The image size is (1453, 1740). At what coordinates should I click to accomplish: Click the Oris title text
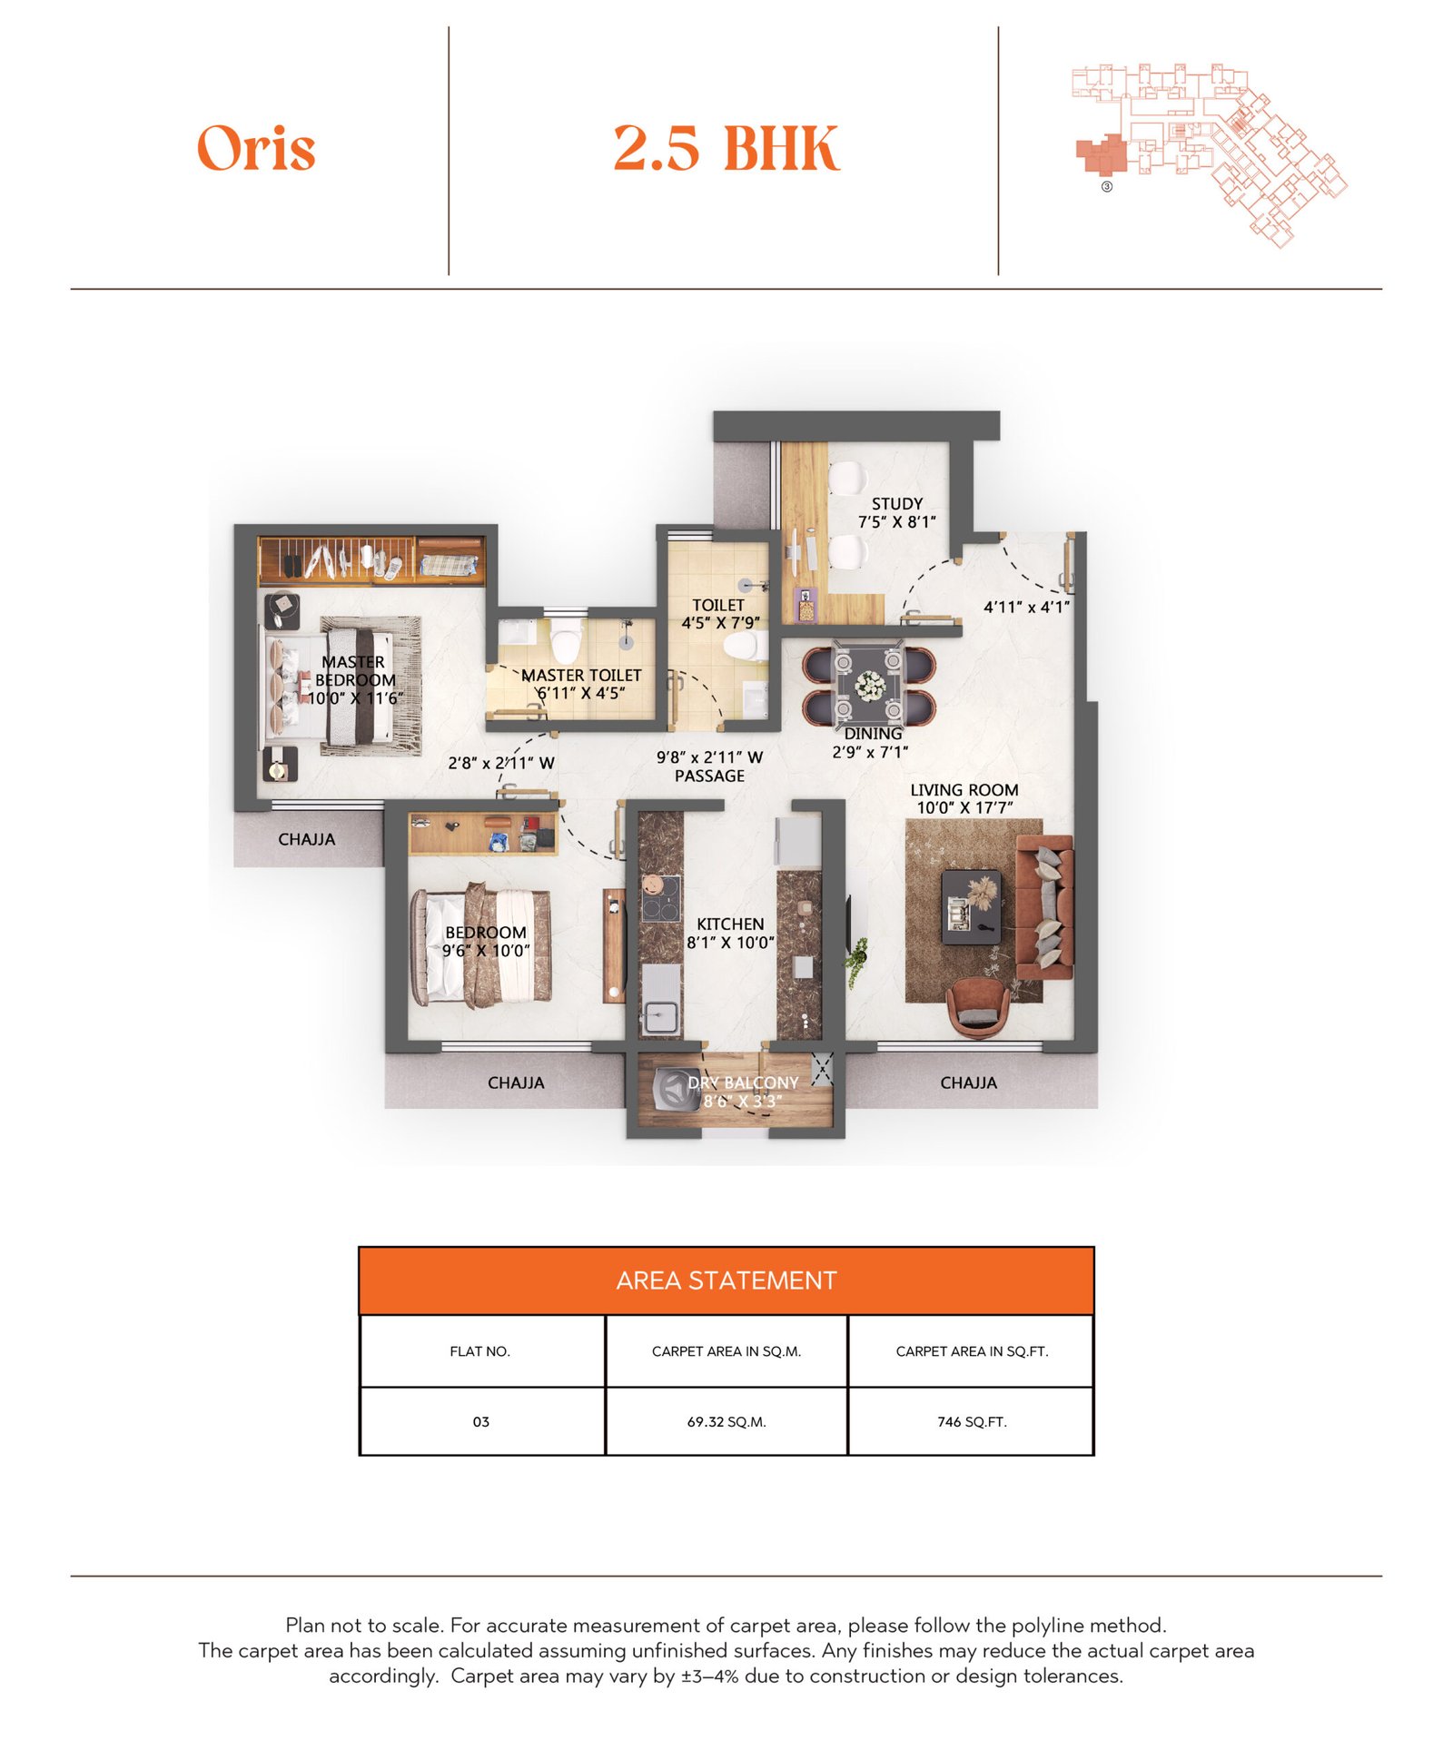256,148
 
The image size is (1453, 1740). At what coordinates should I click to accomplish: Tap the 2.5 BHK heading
726,148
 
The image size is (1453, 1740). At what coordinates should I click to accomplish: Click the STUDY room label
896,504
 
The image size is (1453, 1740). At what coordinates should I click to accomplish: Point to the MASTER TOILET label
581,676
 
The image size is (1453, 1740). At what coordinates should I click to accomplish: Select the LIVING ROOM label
964,790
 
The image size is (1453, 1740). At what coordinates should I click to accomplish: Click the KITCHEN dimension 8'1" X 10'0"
730,943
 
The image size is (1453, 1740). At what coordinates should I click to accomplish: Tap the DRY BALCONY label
742,1083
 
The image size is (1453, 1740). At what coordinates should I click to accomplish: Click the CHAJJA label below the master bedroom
306,839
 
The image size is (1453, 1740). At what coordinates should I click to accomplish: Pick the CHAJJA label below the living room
968,1083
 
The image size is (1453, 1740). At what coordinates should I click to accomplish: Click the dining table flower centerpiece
870,686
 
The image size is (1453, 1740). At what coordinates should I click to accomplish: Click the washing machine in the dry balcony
677,1089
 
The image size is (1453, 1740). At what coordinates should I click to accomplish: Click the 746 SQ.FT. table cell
971,1422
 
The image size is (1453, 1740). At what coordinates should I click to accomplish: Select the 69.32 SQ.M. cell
726,1422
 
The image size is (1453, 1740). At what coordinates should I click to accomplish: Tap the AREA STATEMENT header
726,1280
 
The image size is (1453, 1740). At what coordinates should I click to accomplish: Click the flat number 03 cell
480,1422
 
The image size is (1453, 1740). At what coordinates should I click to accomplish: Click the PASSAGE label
709,776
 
